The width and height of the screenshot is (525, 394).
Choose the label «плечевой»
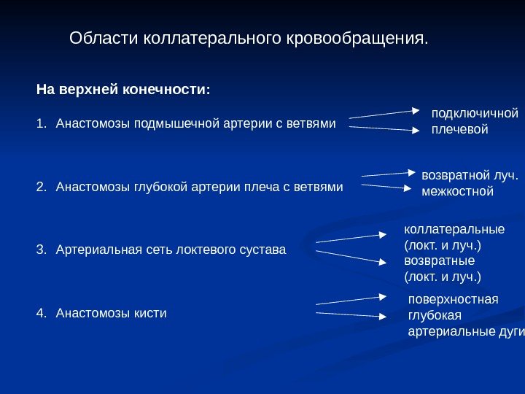click(459, 130)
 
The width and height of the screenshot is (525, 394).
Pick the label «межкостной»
click(458, 193)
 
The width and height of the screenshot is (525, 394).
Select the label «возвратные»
click(439, 260)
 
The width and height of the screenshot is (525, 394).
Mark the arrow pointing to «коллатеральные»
click(351, 238)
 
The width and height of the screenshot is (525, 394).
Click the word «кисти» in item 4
click(152, 313)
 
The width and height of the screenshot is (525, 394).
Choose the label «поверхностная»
click(453, 299)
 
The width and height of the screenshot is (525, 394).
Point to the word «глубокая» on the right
click(435, 315)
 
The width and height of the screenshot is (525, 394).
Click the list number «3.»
click(41, 250)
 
